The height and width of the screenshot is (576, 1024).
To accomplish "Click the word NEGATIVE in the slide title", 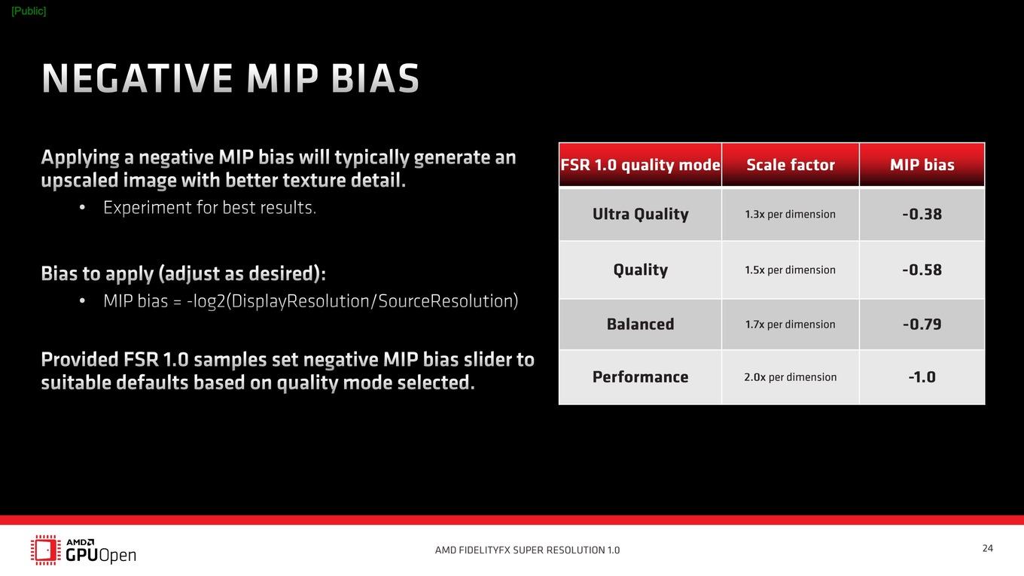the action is click(x=137, y=78).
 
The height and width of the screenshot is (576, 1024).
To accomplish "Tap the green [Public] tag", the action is click(x=29, y=11).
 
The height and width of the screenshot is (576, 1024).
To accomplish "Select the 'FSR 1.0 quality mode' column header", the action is click(x=640, y=165).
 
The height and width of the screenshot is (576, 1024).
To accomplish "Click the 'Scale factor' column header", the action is click(x=791, y=165).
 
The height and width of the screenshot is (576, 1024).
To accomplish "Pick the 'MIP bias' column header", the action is click(x=922, y=165).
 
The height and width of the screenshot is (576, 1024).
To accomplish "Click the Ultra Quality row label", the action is click(x=641, y=214).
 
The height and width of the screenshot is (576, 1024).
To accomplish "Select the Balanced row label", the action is click(x=641, y=324).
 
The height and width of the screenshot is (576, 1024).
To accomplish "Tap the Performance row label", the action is click(x=641, y=376).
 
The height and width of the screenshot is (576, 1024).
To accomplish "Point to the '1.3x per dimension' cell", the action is click(x=790, y=215).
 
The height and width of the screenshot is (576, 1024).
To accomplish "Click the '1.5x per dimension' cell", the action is click(x=790, y=270).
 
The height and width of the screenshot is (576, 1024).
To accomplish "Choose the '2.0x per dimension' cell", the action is click(x=790, y=377).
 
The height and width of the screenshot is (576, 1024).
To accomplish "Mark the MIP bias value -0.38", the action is click(x=922, y=214).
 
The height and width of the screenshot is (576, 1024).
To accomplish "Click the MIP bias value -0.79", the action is click(x=922, y=324).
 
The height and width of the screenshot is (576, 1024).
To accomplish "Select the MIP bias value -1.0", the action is click(x=922, y=377).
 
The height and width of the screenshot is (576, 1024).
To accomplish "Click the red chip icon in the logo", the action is click(x=45, y=550).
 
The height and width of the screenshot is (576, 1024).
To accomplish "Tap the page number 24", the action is click(x=987, y=548).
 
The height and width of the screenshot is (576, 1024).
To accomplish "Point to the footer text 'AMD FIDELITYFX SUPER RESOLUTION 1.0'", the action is click(x=527, y=550).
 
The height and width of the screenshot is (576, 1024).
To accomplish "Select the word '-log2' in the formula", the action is click(x=206, y=301).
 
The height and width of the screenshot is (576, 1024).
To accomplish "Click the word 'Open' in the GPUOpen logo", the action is click(x=117, y=556).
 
